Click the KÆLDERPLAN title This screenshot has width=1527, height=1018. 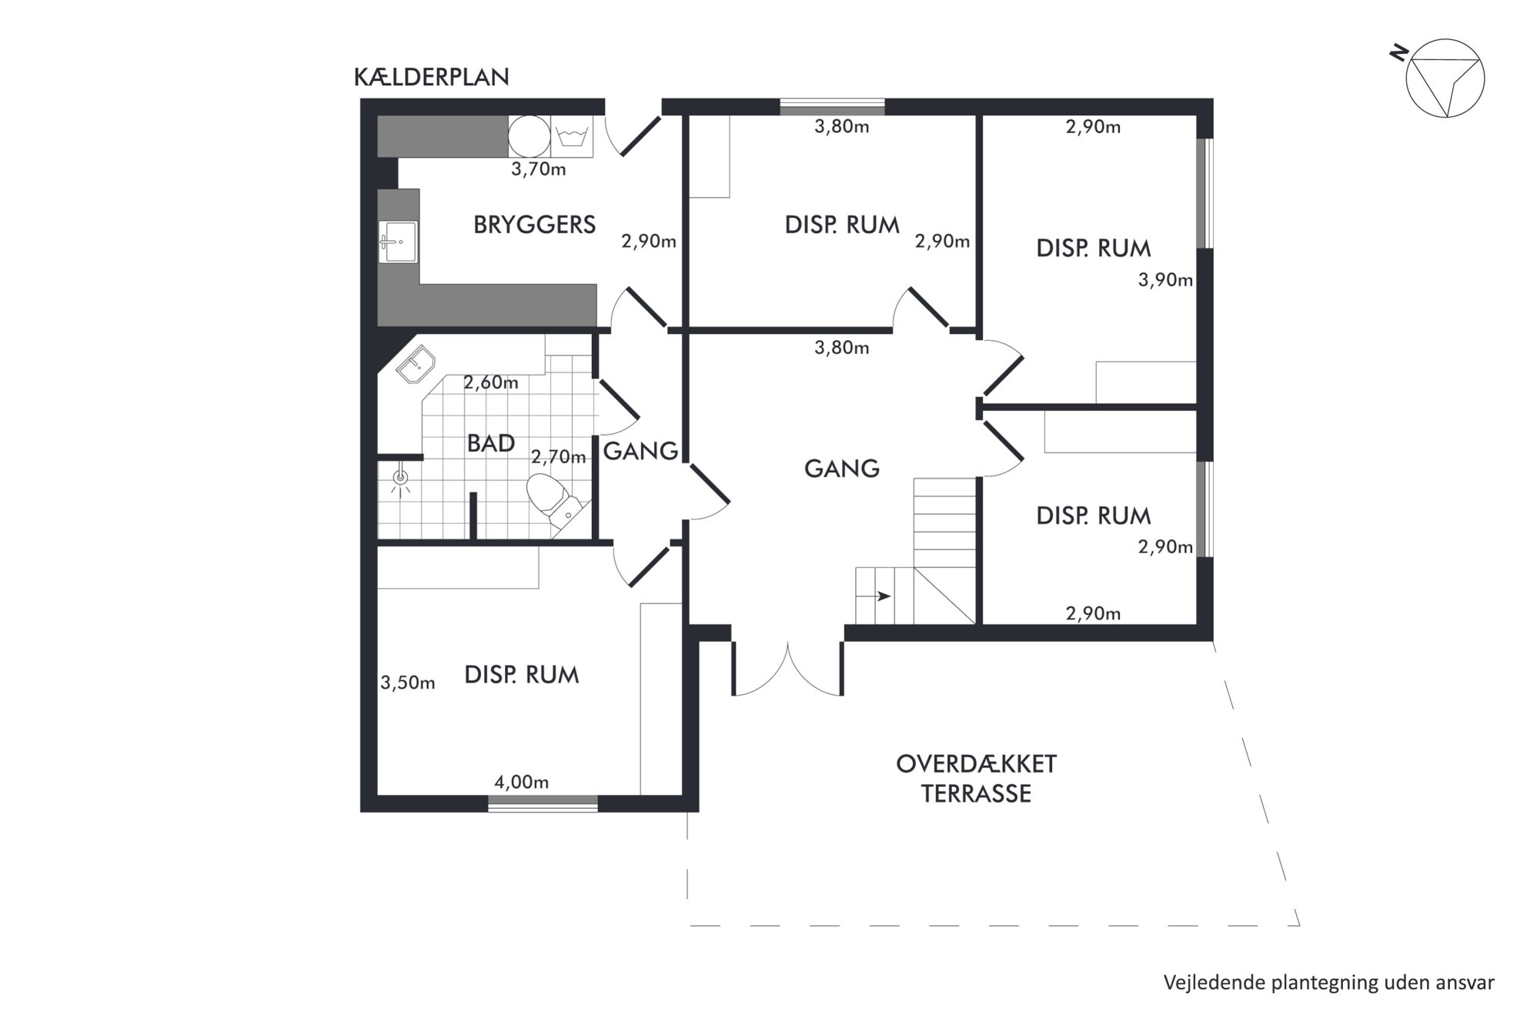coord(431,77)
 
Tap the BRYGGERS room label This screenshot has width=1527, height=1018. coord(534,225)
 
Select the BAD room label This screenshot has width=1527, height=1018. coord(491,443)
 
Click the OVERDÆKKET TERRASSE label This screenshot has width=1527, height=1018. coord(976,779)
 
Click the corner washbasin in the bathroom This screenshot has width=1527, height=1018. coord(415,365)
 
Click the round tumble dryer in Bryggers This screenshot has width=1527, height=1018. coord(530,137)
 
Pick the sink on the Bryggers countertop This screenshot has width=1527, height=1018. coord(398,242)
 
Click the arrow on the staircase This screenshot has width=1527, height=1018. coord(883,596)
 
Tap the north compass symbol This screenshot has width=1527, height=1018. coord(1443,77)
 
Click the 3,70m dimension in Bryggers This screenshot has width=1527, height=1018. coord(538,169)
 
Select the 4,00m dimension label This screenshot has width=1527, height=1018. coord(521,783)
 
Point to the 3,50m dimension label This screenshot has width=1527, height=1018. coord(407,683)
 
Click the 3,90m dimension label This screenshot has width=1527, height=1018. coord(1165,280)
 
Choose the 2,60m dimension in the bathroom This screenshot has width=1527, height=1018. coord(490,382)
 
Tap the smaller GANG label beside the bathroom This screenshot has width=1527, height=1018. coord(640,451)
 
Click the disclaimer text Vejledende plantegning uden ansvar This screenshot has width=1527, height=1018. coord(1328,983)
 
